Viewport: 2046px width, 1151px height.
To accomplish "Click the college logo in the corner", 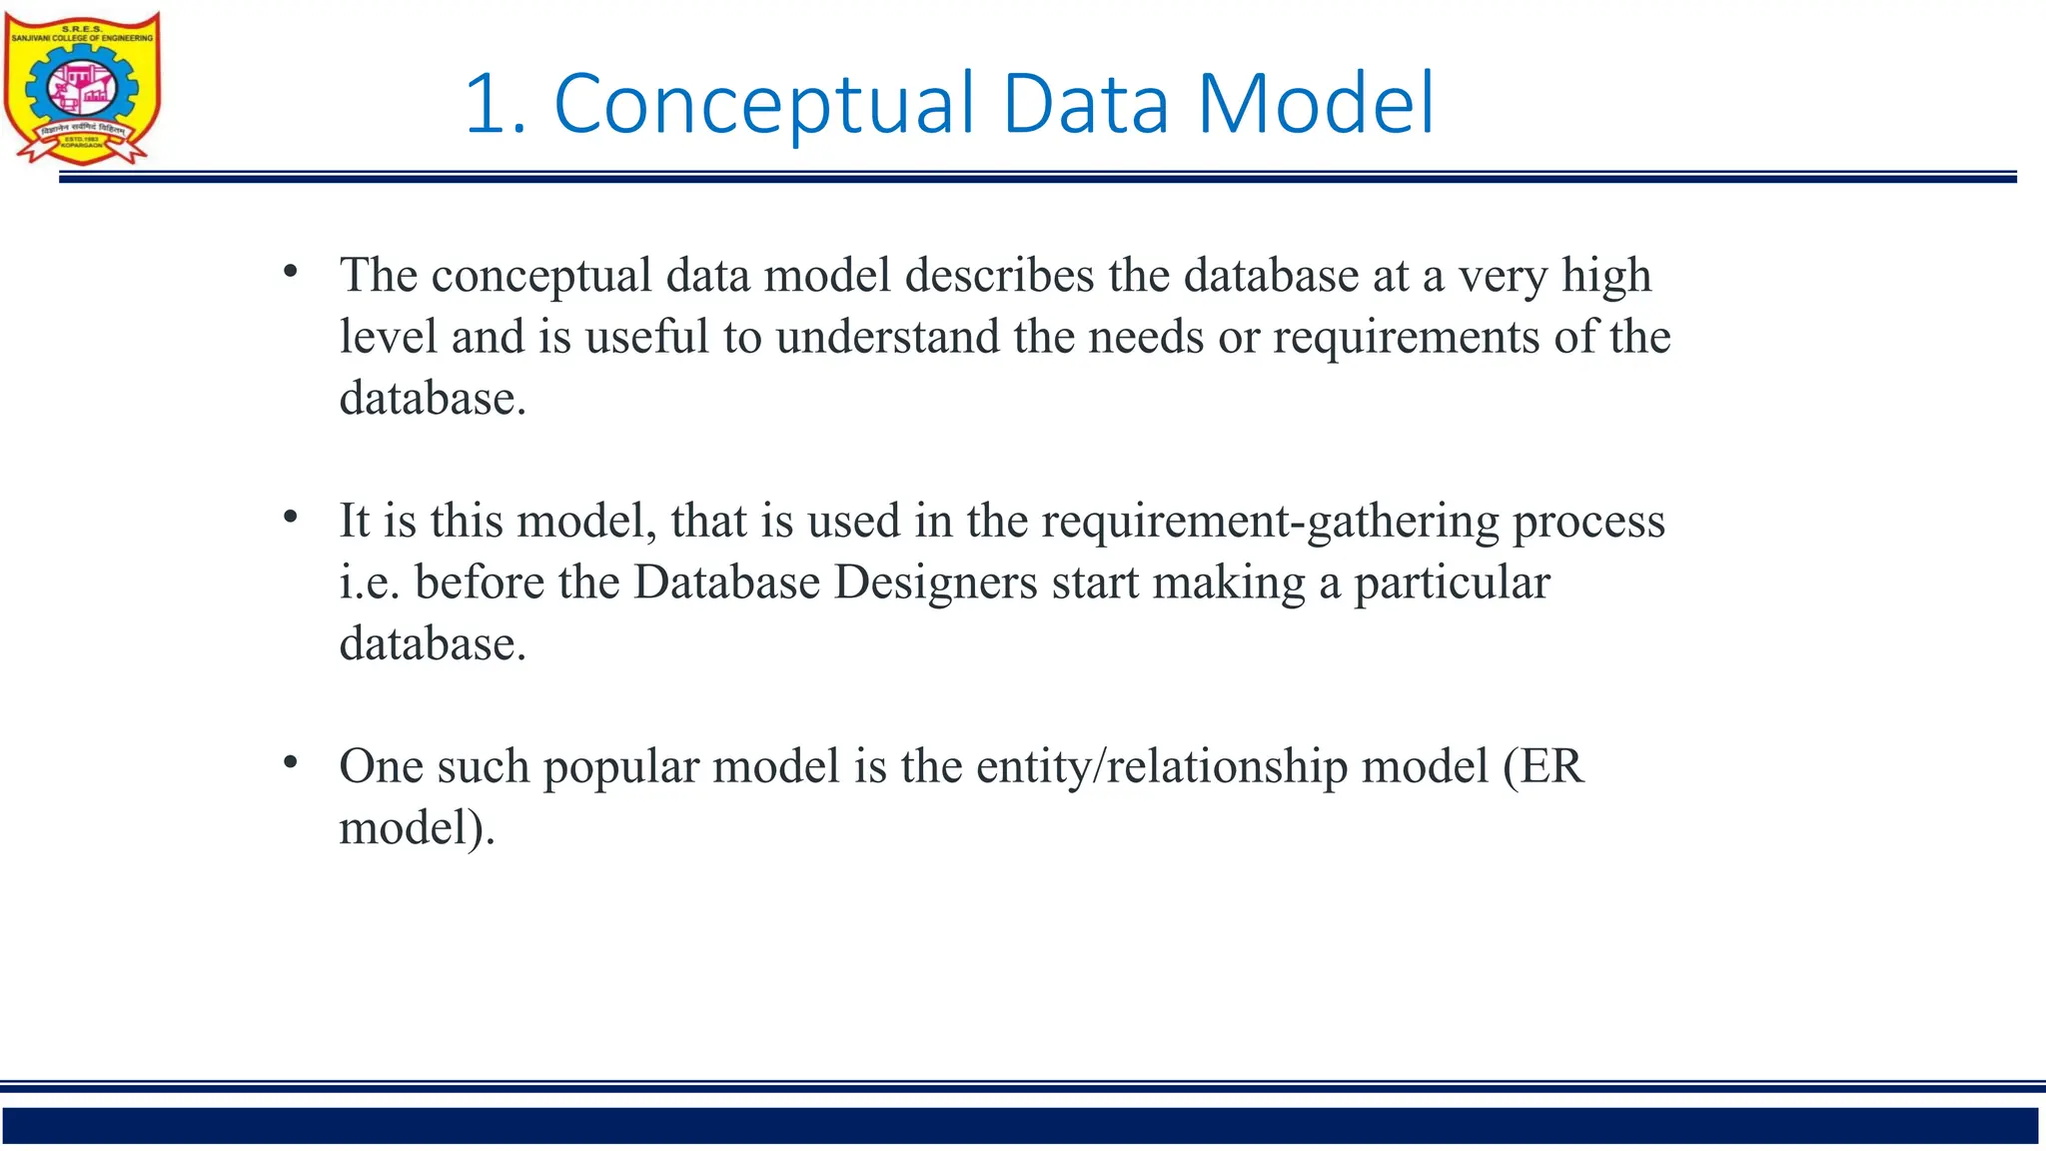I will (82, 88).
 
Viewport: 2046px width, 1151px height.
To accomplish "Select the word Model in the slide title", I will (1316, 104).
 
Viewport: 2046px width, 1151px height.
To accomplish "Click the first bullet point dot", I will (291, 271).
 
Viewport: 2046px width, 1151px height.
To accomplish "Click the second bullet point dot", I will (291, 517).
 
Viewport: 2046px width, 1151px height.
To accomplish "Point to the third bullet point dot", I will (291, 762).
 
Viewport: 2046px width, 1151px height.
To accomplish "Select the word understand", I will (887, 337).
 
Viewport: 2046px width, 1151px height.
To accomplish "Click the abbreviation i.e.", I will (370, 582).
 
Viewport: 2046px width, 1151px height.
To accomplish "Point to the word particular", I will (1452, 583).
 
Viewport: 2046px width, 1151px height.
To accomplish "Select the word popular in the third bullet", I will (620, 768).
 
